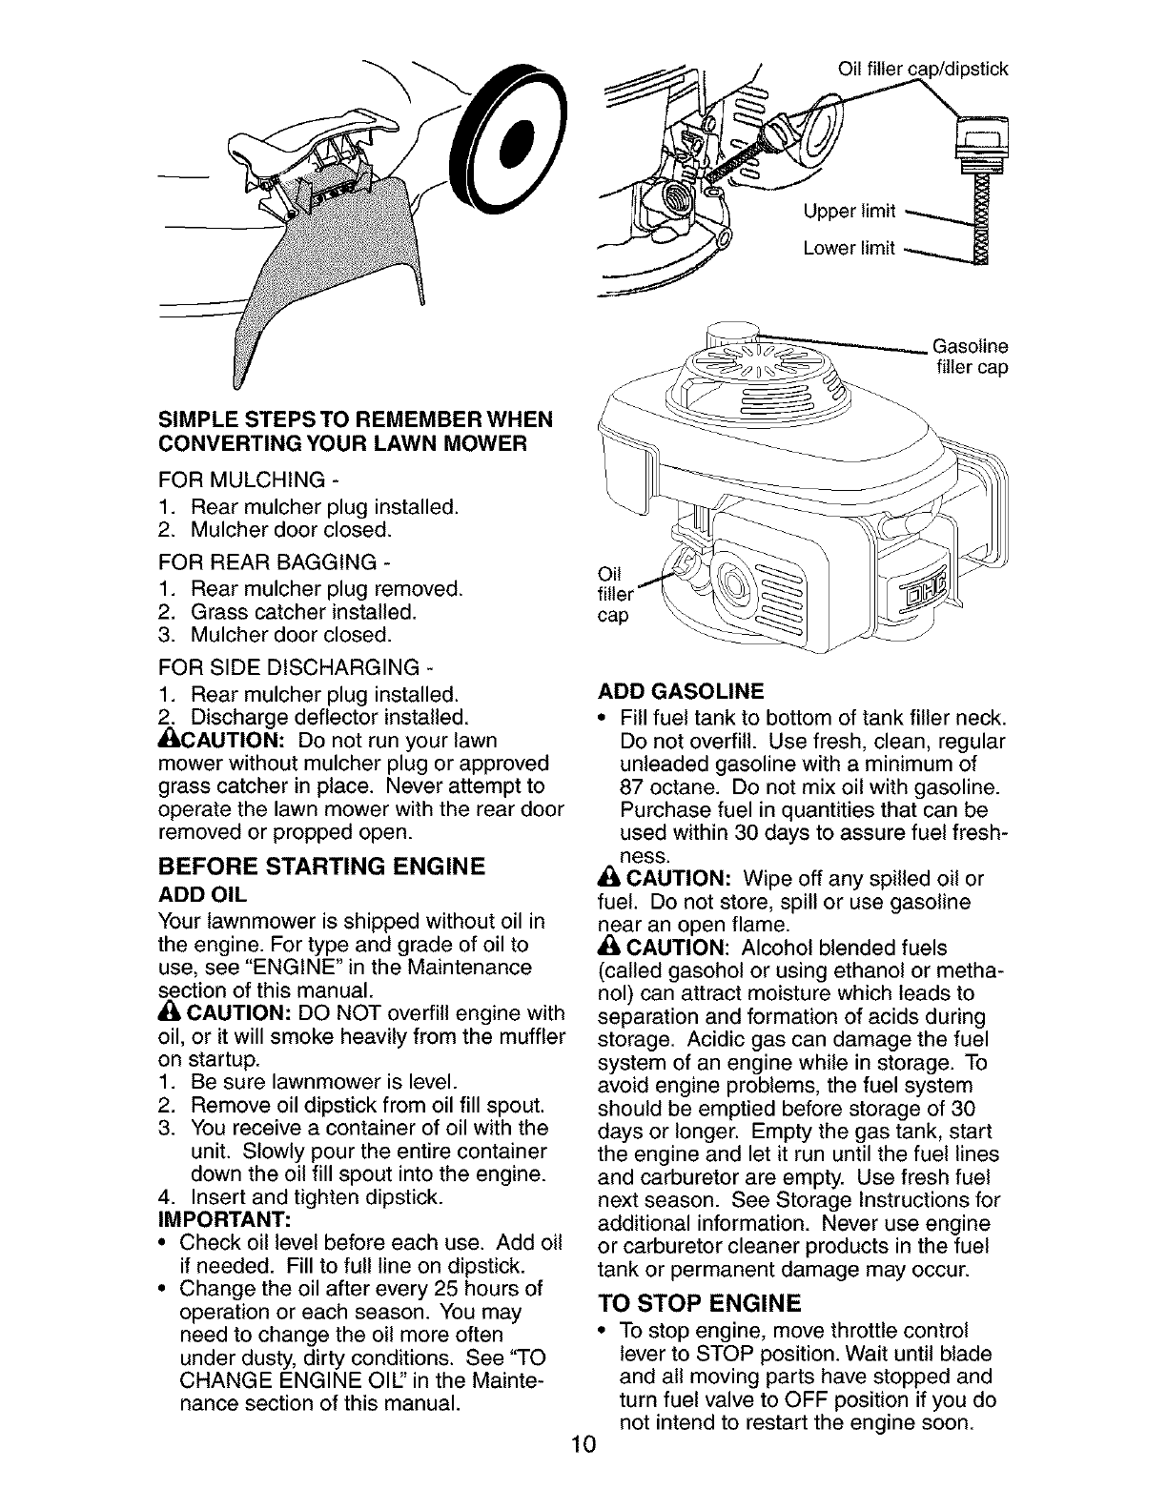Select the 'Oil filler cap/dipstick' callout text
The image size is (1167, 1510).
tap(921, 68)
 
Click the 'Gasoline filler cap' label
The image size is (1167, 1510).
tap(970, 357)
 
